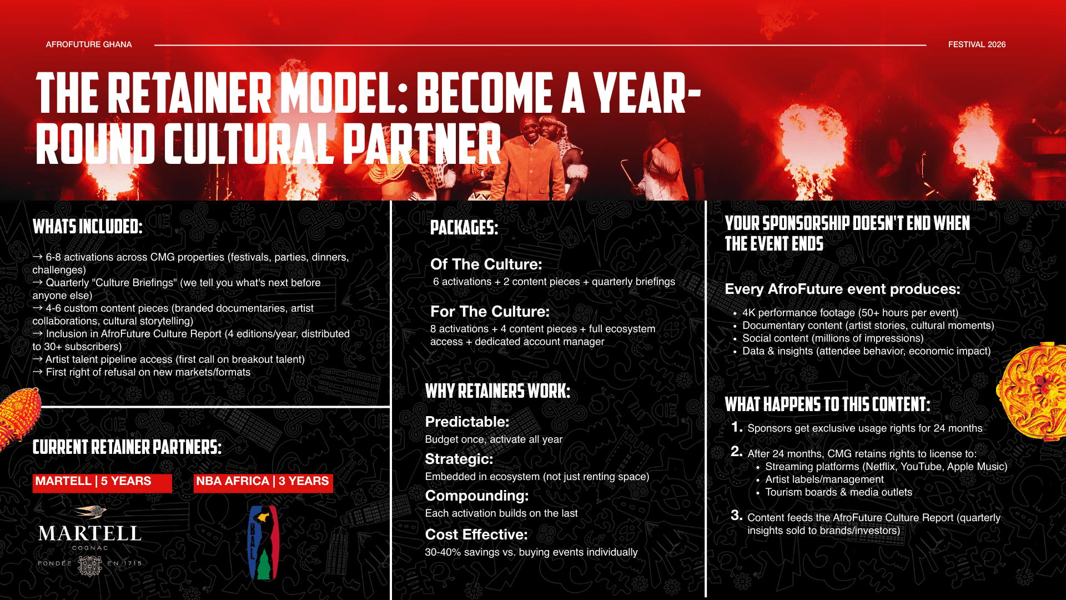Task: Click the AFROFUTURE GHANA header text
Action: [89, 44]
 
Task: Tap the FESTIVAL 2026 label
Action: [977, 44]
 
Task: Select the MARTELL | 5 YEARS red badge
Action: [102, 482]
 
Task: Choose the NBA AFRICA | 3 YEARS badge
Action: [263, 482]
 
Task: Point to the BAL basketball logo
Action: [263, 543]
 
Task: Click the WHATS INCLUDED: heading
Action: [88, 227]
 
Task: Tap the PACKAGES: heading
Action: [464, 227]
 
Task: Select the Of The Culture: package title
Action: [486, 264]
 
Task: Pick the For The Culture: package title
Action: [490, 312]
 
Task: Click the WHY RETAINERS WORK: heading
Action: [497, 391]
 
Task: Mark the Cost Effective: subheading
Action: [476, 534]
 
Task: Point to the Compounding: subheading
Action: [477, 496]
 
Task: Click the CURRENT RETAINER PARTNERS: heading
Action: [127, 447]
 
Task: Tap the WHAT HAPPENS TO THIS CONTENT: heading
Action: [827, 404]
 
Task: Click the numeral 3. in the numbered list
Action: [737, 516]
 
